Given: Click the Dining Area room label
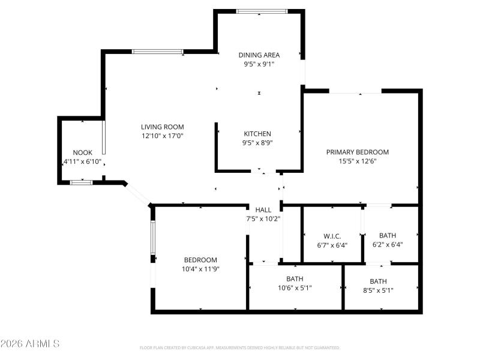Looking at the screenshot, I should pos(259,55).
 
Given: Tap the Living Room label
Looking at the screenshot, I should pos(162,127).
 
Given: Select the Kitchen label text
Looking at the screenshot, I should pos(257,134).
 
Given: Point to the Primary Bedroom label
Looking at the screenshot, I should pos(358,152).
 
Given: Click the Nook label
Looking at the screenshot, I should pos(82,153).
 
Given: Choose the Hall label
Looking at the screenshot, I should pos(263,209).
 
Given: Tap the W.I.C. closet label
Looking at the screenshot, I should pos(332,236).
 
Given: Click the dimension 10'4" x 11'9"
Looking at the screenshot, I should pos(200,269).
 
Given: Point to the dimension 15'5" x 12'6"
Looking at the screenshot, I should pos(358,161).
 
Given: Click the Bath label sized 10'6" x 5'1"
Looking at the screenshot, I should pos(295,279).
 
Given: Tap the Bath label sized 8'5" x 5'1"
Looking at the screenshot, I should pos(378,281).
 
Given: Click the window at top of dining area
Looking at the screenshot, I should pos(260,11).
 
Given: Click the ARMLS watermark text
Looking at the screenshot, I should pos(30,344).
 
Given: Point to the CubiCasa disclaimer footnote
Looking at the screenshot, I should pos(239,348).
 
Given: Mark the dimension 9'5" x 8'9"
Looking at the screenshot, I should pos(257,143).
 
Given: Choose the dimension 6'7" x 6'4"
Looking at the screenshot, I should pos(332,245).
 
